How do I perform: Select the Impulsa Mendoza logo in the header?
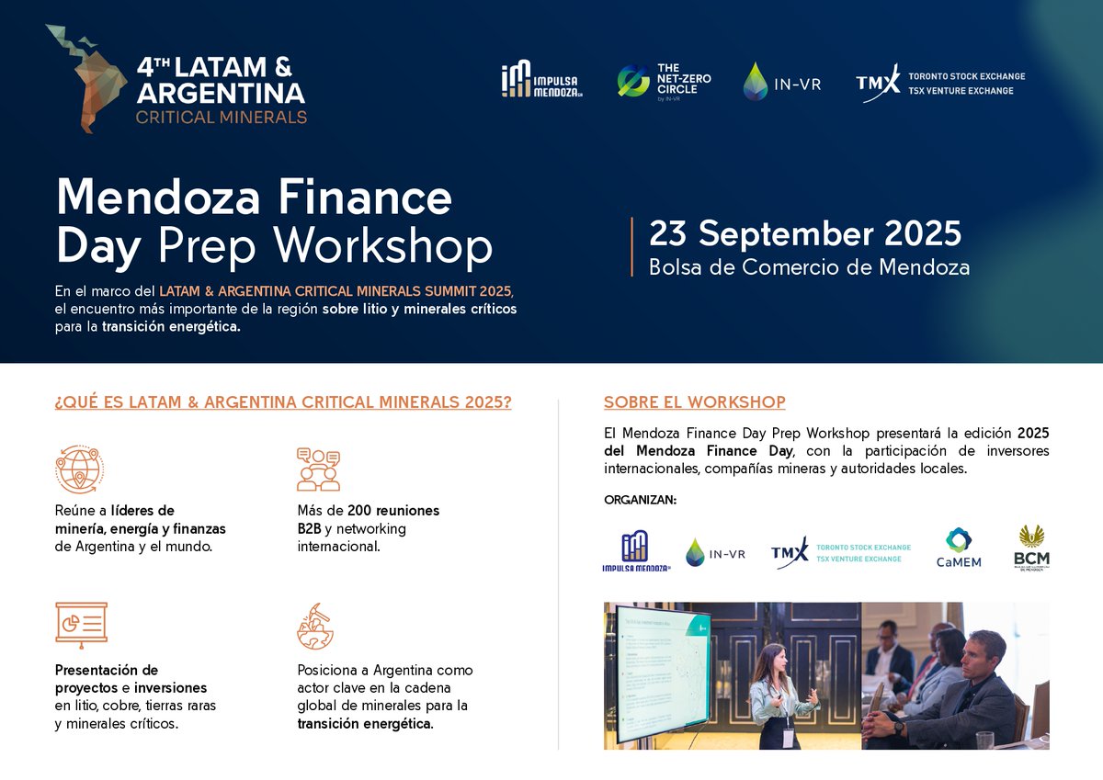coord(541,81)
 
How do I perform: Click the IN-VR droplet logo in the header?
coord(781,82)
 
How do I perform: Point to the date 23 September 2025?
coord(805,233)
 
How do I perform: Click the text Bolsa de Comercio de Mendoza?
coord(809,267)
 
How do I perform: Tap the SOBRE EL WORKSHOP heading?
coord(694,402)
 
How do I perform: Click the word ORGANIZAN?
coord(640,500)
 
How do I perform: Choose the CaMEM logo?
coord(958,548)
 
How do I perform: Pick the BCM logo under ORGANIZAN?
coord(1031,548)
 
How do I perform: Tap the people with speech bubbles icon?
coord(318,469)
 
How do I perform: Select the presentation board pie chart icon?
coord(81,626)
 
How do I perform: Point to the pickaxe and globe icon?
coord(315,626)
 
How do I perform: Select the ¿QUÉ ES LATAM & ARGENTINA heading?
coord(283,402)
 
